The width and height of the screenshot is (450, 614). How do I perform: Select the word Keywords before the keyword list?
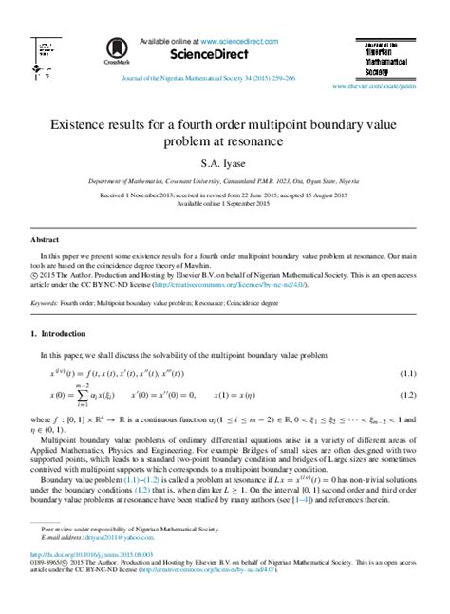pos(46,277)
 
